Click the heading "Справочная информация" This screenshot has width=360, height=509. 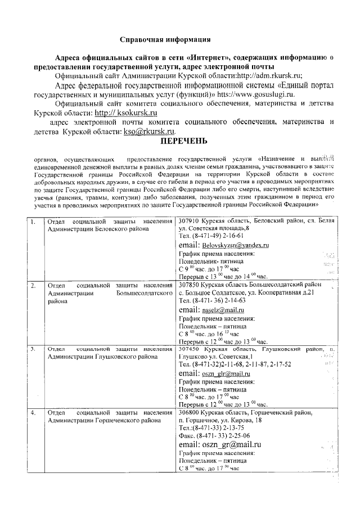click(165, 40)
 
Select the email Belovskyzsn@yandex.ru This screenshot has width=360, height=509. click(232, 246)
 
